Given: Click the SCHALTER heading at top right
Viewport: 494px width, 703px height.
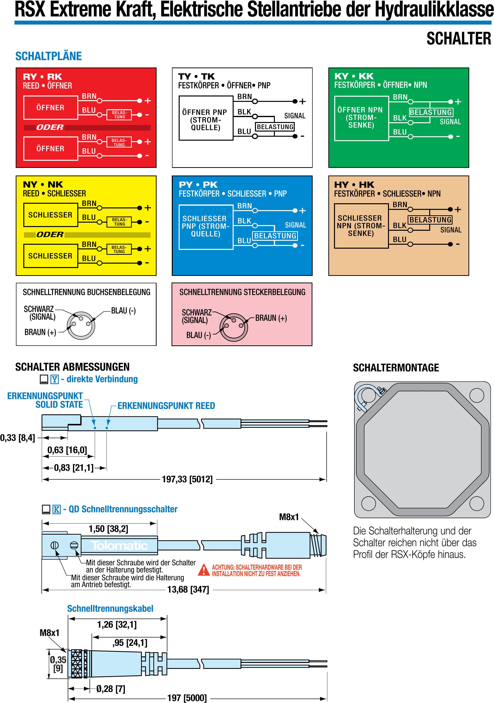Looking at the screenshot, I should click(458, 39).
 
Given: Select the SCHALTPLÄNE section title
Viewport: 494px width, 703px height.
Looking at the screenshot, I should click(49, 56).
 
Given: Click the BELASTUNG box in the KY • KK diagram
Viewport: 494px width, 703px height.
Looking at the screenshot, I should click(431, 112).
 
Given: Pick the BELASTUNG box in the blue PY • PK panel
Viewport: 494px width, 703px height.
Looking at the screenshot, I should click(275, 236).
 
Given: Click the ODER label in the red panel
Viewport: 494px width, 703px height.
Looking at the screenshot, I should click(50, 127).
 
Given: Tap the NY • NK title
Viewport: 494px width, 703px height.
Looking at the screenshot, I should click(43, 185).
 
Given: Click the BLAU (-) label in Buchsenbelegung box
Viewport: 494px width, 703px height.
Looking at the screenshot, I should click(123, 311).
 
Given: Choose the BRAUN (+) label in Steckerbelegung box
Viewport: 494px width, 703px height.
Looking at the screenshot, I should click(271, 318).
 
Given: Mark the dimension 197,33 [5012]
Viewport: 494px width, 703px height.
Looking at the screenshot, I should click(187, 479).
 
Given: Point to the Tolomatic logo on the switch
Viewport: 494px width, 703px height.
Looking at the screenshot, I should click(119, 545).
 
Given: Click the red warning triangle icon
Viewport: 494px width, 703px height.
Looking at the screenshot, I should click(203, 570).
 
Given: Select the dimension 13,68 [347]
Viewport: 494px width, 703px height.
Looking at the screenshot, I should click(188, 589).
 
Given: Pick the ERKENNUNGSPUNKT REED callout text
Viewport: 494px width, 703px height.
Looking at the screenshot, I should click(166, 406).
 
